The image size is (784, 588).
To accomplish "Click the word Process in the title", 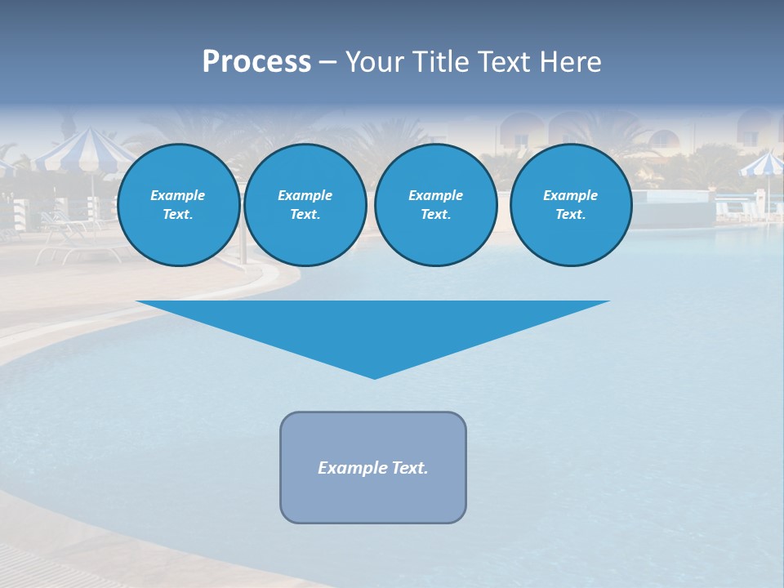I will pos(256,62).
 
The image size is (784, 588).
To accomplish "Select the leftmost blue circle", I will pos(179,205).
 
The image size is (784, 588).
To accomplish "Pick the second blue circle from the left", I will pos(305,205).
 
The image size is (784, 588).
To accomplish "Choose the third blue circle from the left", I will pos(436,205).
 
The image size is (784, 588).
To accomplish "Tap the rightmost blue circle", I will pos(571,205).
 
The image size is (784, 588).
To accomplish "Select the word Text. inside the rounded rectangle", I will pos(409,468).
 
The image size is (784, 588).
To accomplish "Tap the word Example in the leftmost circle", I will pos(178,195).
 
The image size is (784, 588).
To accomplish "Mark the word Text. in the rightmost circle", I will pos(571,215).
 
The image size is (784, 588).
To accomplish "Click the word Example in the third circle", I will pos(435,195).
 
